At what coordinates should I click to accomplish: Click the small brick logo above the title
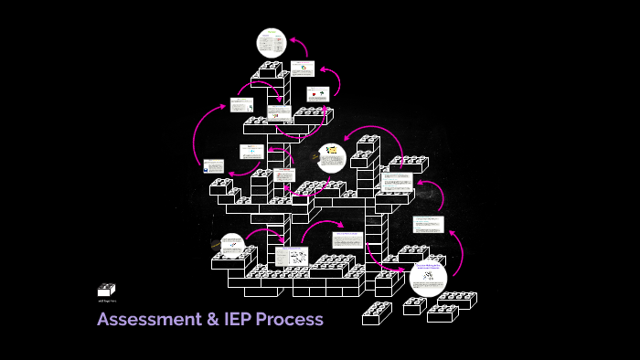pyautogui.click(x=106, y=290)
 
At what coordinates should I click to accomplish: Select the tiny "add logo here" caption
pyautogui.click(x=106, y=300)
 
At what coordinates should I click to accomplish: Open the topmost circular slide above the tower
pyautogui.click(x=271, y=43)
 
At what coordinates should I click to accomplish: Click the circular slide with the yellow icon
pyautogui.click(x=332, y=157)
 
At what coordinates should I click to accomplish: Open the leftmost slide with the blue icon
pyautogui.click(x=213, y=166)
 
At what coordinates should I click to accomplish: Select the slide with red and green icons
pyautogui.click(x=316, y=94)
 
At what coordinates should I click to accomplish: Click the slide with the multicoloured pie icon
pyautogui.click(x=303, y=69)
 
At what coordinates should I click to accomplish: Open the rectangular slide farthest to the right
pyautogui.click(x=427, y=225)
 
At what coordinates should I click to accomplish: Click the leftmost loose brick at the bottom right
pyautogui.click(x=376, y=313)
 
